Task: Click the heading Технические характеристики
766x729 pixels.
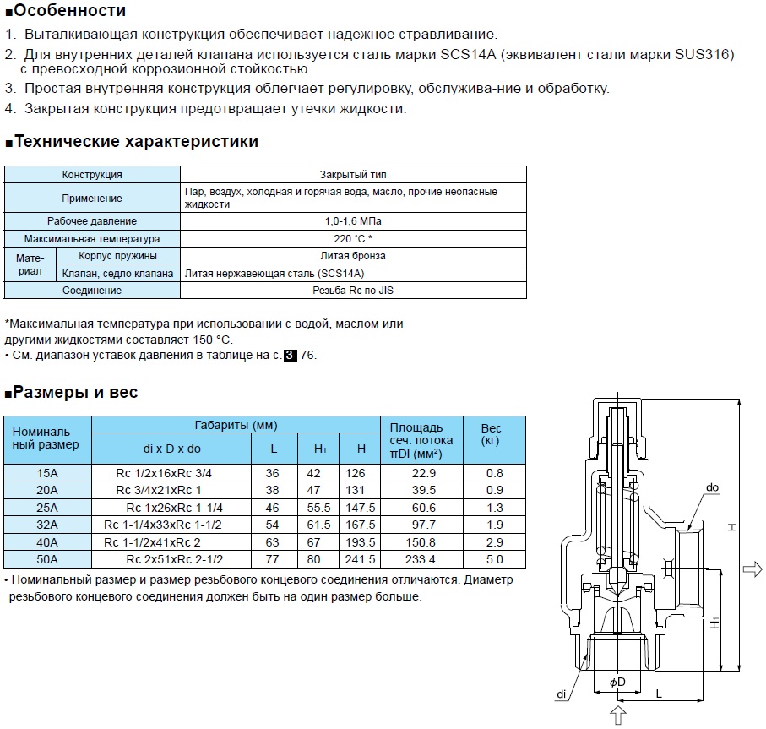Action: [136, 141]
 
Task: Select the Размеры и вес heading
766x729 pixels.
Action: [76, 392]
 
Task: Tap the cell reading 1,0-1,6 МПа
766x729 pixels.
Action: [352, 221]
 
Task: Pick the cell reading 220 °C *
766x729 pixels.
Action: [352, 239]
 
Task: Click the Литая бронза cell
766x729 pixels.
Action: [352, 256]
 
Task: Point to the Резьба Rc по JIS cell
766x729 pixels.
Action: [352, 291]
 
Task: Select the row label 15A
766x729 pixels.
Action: [47, 473]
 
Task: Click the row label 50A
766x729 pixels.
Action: [47, 558]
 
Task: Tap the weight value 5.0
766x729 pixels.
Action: [495, 558]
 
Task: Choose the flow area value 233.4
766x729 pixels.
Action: [421, 558]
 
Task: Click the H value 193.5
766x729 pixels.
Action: [361, 541]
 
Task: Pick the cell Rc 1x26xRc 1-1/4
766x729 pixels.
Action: [175, 508]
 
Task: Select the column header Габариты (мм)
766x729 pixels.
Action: [236, 425]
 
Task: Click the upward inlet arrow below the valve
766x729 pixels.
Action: [618, 715]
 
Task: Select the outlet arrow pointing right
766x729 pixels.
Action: [752, 571]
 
